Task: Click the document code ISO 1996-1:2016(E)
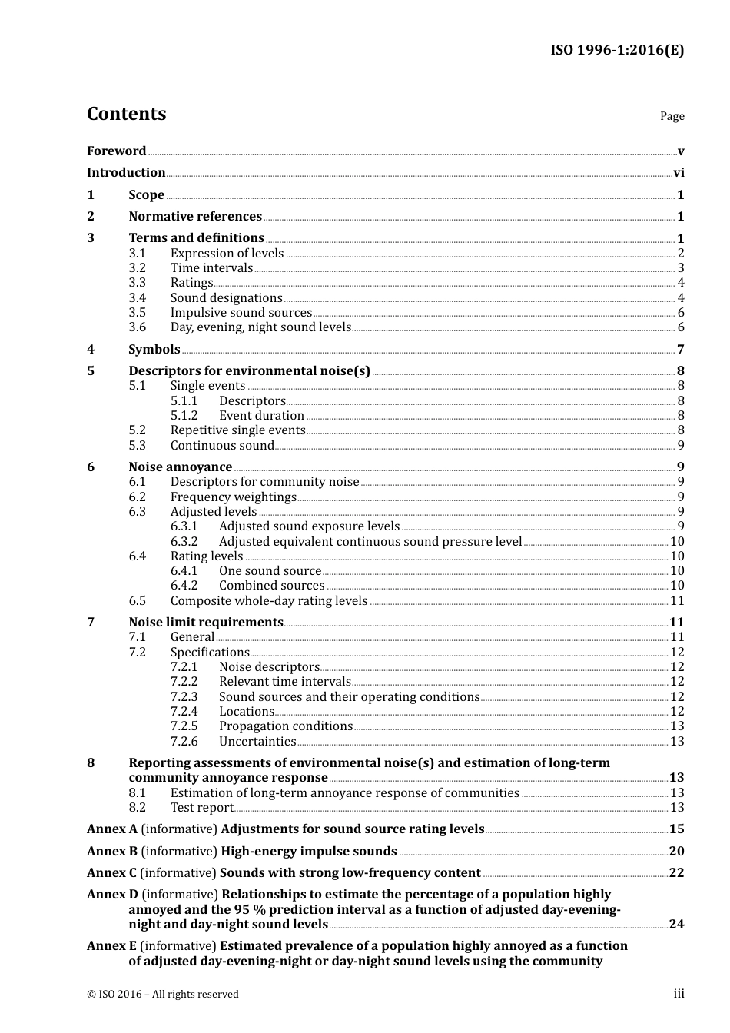617,51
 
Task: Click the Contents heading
126,114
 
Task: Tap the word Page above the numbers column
672,116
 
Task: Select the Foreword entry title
116,151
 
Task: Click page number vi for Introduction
679,173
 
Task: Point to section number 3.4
137,298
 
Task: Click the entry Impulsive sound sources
241,313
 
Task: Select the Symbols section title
154,350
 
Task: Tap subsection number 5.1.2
184,416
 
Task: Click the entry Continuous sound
222,446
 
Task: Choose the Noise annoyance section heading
180,467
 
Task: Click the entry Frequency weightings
233,497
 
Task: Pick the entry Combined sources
271,586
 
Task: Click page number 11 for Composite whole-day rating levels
676,601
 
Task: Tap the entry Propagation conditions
285,726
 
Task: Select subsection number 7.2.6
184,742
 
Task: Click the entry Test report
201,808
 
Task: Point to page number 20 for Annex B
676,852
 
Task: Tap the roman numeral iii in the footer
679,994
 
